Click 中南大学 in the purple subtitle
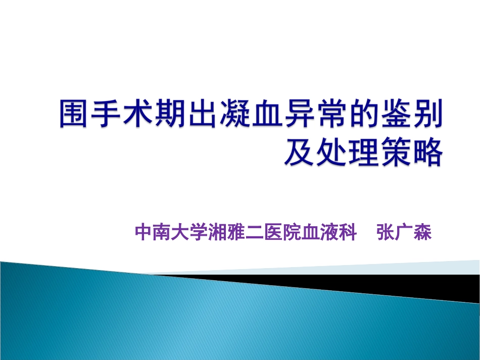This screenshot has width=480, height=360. (x=172, y=234)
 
